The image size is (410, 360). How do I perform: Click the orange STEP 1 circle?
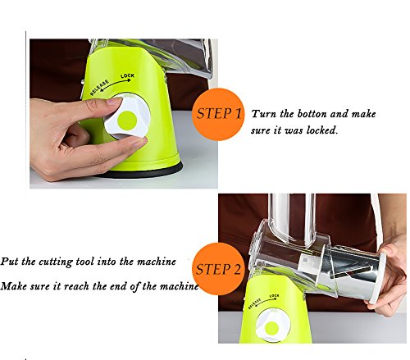click(218, 114)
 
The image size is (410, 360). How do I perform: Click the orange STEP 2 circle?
click(218, 269)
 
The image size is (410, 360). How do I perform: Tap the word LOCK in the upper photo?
click(127, 75)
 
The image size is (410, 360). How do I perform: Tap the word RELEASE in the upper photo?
click(99, 88)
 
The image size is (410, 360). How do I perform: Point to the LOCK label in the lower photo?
click(274, 296)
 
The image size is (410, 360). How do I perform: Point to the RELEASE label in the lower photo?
click(254, 303)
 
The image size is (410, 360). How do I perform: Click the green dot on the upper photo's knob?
click(127, 120)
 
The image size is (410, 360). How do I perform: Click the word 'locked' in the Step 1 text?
click(321, 130)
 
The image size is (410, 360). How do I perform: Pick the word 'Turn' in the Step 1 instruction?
click(263, 114)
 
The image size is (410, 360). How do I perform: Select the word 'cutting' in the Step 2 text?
click(56, 262)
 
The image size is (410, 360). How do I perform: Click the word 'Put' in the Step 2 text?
click(10, 262)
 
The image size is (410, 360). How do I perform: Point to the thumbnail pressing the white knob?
click(114, 101)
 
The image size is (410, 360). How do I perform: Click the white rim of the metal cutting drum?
click(378, 277)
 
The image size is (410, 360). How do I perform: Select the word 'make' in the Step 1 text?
click(363, 114)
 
